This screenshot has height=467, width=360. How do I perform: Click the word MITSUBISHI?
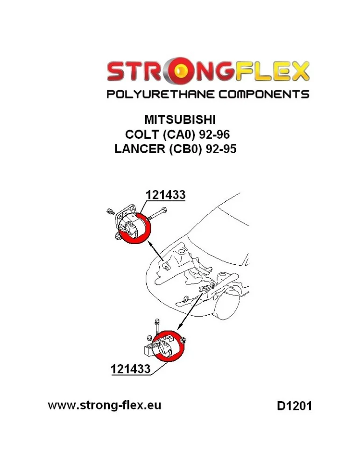coord(180,120)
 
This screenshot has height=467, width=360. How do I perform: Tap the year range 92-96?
coord(214,134)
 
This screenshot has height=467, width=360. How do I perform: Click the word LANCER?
coord(140,149)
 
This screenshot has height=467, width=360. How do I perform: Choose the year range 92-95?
coord(221,149)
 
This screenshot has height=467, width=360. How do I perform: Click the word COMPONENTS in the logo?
coord(264,94)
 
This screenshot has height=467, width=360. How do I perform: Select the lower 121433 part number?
coord(130,369)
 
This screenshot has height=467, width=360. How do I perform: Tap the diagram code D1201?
coord(294,406)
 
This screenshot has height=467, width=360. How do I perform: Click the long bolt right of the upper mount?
coord(157,214)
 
